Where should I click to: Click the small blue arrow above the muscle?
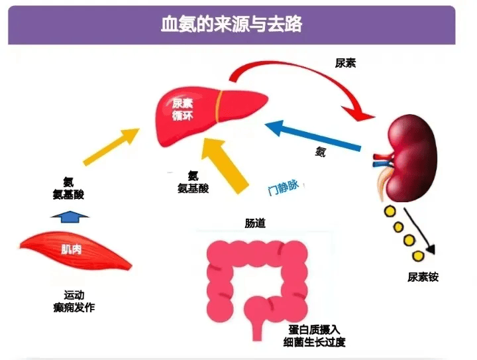point(70,217)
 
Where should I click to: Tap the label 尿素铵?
point(423,277)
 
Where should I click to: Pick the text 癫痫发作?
point(74,307)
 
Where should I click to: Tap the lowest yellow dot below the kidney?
point(419,254)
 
